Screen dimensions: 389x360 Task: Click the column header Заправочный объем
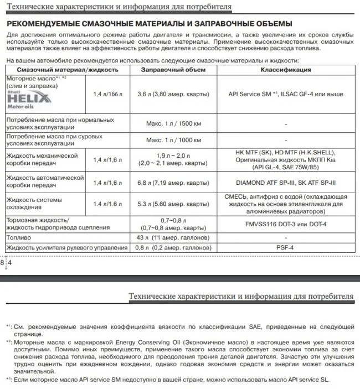[x=173, y=70]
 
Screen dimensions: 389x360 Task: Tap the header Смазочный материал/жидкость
[x=68, y=70]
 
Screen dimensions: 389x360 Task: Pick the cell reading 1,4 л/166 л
[x=108, y=95]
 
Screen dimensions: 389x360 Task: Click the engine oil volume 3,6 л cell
[x=173, y=95]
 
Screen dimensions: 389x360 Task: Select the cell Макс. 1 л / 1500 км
[x=173, y=123]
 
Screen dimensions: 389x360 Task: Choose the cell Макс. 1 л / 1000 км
[x=173, y=139]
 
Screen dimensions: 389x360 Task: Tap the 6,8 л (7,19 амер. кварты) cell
[x=173, y=182]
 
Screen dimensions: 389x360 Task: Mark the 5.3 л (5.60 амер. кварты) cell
[x=173, y=204]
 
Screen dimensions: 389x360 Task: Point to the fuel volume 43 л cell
[x=173, y=237]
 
